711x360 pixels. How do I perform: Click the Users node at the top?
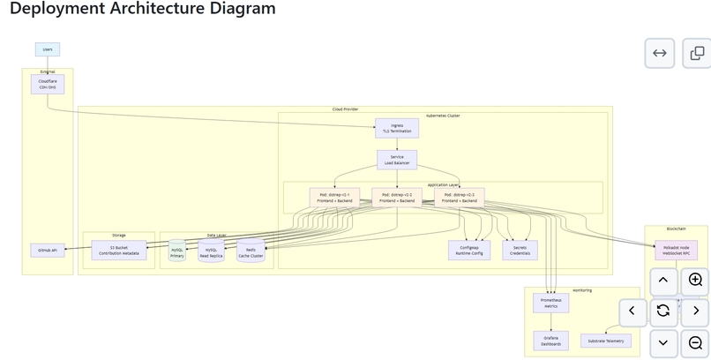pyautogui.click(x=48, y=49)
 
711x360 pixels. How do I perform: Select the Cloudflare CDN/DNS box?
pyautogui.click(x=48, y=84)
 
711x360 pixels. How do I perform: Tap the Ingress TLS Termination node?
pyautogui.click(x=397, y=128)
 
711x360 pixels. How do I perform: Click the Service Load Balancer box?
pyautogui.click(x=397, y=160)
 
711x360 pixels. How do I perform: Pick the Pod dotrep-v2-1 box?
pyautogui.click(x=334, y=198)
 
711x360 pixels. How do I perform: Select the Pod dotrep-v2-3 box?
pyautogui.click(x=459, y=198)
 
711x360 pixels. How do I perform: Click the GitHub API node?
pyautogui.click(x=47, y=251)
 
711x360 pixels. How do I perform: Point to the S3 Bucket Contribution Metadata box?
pyautogui.click(x=118, y=251)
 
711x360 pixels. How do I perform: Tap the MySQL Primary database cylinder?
pyautogui.click(x=177, y=251)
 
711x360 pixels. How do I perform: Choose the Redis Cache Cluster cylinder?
pyautogui.click(x=251, y=251)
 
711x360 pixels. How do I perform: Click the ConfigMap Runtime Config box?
pyautogui.click(x=469, y=251)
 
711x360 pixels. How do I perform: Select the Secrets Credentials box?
pyautogui.click(x=520, y=251)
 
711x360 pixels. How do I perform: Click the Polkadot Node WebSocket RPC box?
pyautogui.click(x=676, y=251)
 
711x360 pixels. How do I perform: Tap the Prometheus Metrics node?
pyautogui.click(x=550, y=304)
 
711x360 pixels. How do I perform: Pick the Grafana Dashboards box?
pyautogui.click(x=550, y=341)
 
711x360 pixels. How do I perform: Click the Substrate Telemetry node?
pyautogui.click(x=606, y=341)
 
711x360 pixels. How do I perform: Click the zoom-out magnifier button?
pyautogui.click(x=695, y=342)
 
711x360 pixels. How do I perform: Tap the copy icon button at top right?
pyautogui.click(x=697, y=53)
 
